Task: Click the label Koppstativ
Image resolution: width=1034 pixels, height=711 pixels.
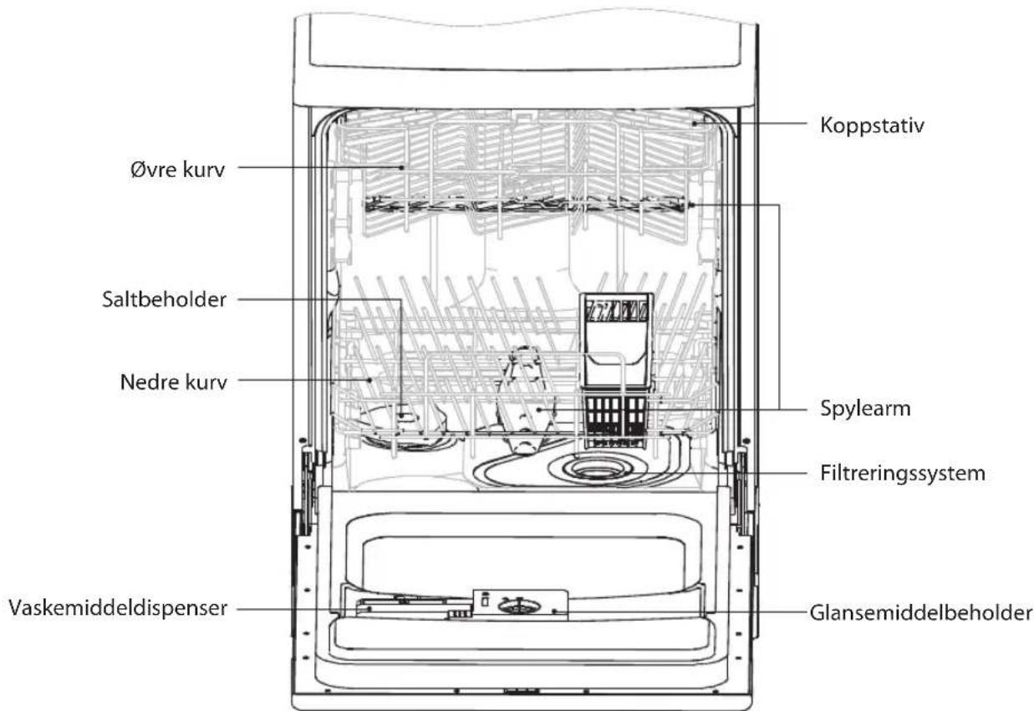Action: click(x=872, y=125)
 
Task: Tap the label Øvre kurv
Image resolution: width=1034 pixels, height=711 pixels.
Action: click(x=178, y=169)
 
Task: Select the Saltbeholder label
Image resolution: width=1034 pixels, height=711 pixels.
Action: click(x=165, y=299)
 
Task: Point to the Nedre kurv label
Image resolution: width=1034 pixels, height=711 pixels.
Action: click(x=174, y=382)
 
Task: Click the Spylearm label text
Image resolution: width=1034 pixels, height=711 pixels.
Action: click(x=865, y=409)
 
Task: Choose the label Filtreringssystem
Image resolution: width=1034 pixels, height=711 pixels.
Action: click(x=903, y=474)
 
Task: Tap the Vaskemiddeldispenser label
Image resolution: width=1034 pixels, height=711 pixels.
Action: click(x=118, y=608)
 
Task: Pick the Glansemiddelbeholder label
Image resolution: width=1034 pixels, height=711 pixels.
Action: click(x=921, y=612)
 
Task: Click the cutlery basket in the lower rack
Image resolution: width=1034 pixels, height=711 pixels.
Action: click(x=616, y=369)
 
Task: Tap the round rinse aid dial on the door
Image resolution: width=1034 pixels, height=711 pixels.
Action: click(x=518, y=606)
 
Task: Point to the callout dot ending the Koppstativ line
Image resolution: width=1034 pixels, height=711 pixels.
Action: click(x=695, y=124)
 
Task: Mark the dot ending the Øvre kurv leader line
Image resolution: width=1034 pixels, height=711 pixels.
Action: click(x=402, y=168)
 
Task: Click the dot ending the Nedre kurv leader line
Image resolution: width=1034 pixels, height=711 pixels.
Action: click(x=369, y=380)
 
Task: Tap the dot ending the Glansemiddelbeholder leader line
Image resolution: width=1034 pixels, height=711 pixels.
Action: click(x=555, y=612)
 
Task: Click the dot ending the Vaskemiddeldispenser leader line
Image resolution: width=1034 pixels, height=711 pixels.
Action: click(x=369, y=608)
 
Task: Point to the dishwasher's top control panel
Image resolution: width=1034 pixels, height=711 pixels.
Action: click(x=525, y=43)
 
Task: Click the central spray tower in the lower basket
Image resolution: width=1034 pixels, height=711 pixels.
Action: click(x=525, y=401)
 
